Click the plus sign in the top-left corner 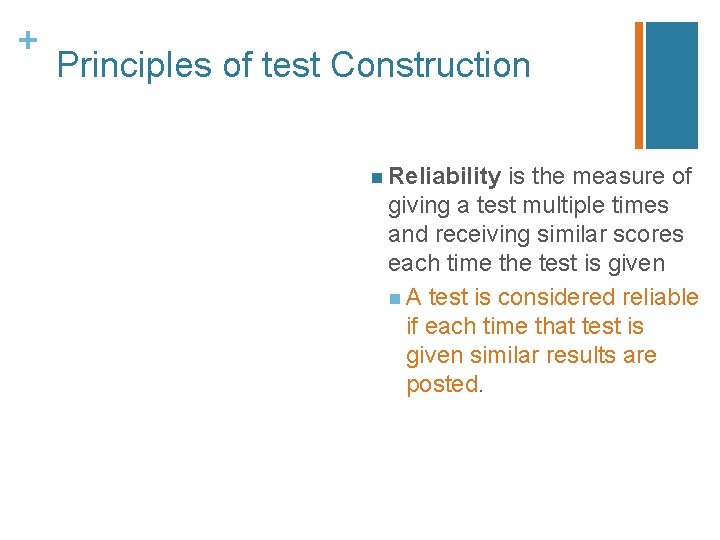coord(28,40)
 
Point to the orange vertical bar coord(639,85)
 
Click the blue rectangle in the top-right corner coord(672,85)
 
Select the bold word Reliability coord(445,177)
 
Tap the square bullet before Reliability coord(374,178)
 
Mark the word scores coord(651,235)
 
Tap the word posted coord(442,385)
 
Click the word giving coord(419,206)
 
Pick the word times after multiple coord(640,206)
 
